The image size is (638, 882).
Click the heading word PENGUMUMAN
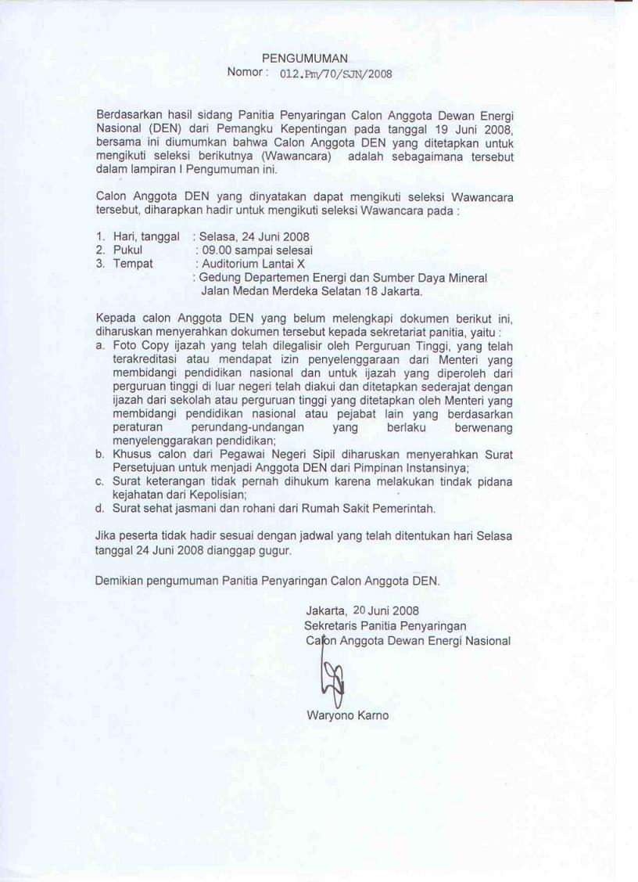[x=305, y=58]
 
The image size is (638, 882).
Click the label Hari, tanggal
[x=146, y=236]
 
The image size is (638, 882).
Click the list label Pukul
[x=127, y=250]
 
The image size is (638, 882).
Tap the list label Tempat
[x=133, y=264]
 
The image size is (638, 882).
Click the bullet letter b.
[x=99, y=455]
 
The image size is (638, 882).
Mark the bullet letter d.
[x=99, y=509]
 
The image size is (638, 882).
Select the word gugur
[x=274, y=550]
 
